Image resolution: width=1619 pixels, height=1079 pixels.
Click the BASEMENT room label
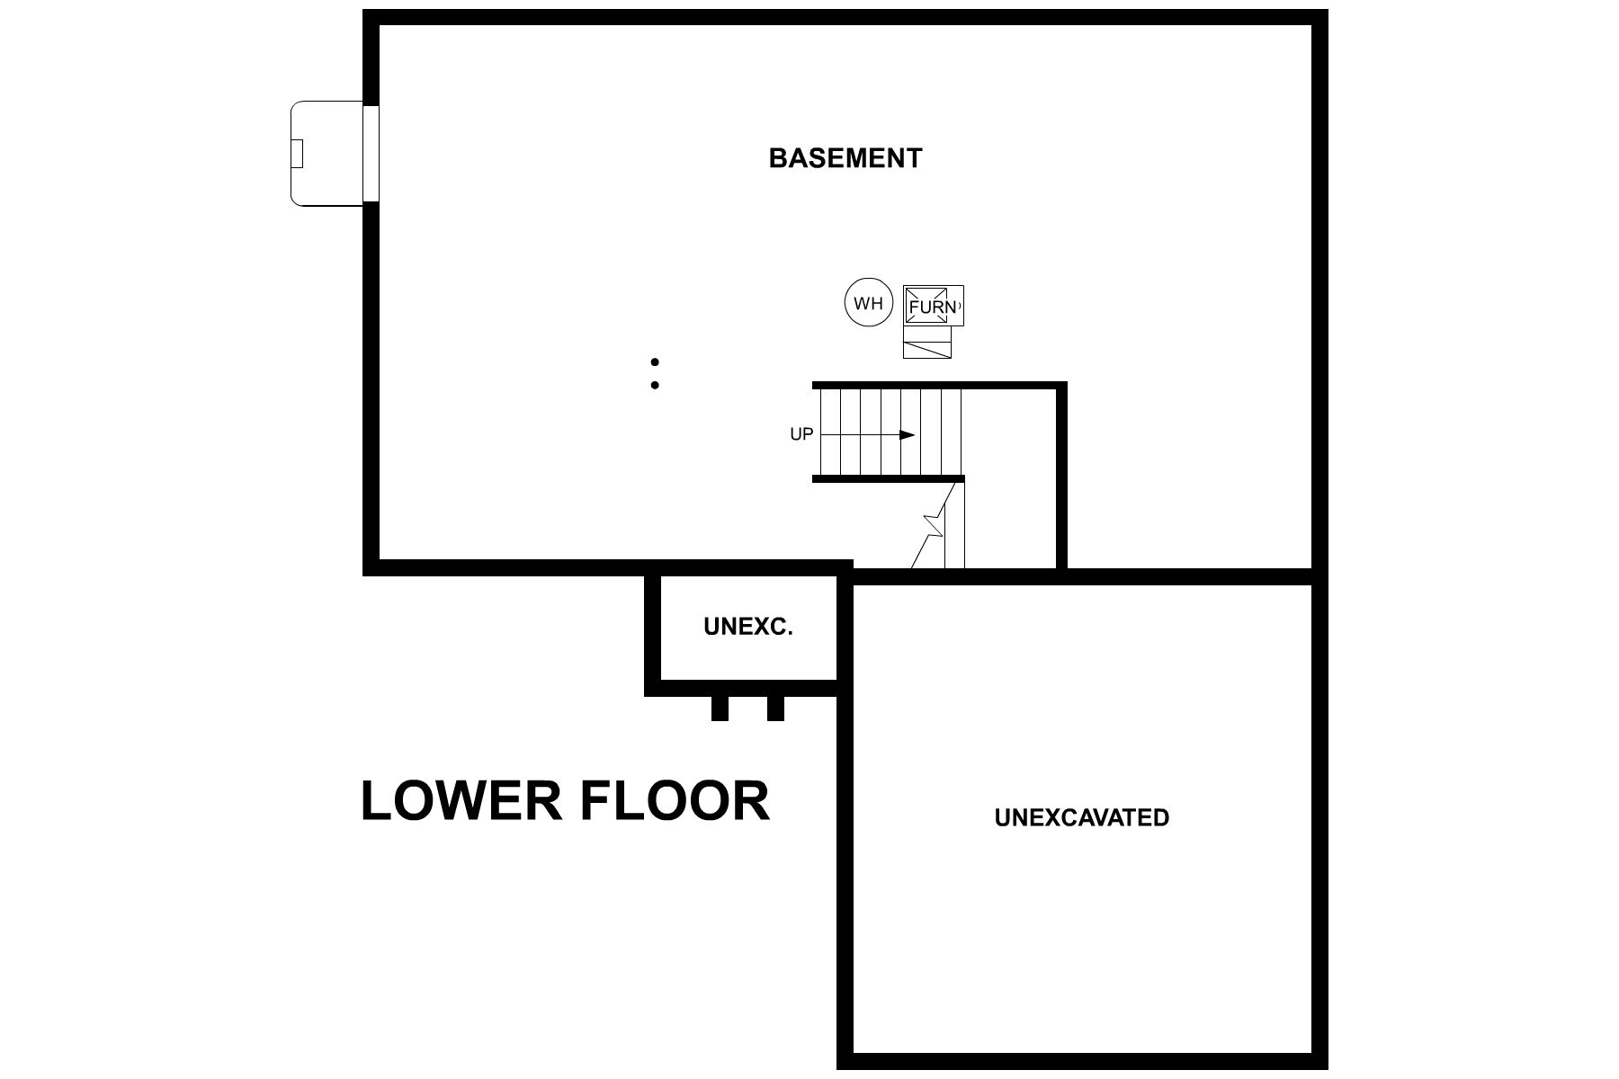[x=845, y=158]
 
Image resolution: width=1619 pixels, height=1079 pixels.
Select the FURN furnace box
[x=933, y=306]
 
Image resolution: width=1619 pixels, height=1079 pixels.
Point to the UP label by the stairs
[x=801, y=434]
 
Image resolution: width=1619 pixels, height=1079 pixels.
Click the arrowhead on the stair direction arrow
[x=907, y=435]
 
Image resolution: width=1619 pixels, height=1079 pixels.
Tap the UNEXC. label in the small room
[x=748, y=628]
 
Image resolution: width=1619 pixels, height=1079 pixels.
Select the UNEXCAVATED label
[x=1082, y=817]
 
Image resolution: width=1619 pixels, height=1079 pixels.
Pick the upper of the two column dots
[x=656, y=362]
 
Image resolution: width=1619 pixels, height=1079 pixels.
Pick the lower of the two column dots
[x=655, y=385]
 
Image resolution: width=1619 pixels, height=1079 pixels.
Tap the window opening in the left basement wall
[x=371, y=154]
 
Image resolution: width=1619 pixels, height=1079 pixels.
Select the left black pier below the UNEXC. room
[x=720, y=708]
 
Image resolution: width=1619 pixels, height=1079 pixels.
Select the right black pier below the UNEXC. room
[x=775, y=708]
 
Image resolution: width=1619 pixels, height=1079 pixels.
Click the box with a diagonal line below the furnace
[x=927, y=342]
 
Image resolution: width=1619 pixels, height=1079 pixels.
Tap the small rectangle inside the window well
[x=297, y=154]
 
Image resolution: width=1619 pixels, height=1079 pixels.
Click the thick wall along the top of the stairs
[x=940, y=386]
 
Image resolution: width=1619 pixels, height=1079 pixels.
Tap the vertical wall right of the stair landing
[x=1061, y=477]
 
